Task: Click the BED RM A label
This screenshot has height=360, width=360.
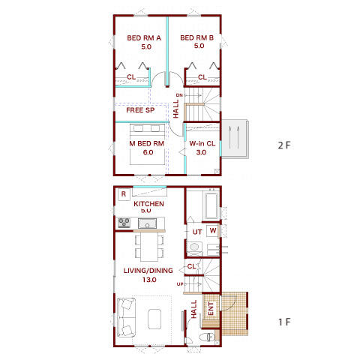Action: tap(144, 38)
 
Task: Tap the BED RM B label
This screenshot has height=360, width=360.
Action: tap(197, 37)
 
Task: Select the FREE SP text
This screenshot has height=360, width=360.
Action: tap(140, 110)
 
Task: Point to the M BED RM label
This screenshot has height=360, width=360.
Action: tap(147, 144)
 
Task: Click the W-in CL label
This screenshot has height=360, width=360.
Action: tap(202, 144)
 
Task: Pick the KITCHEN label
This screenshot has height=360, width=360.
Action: tap(148, 204)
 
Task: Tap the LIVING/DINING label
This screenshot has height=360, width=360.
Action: tap(148, 271)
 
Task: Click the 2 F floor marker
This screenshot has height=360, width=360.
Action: tap(284, 145)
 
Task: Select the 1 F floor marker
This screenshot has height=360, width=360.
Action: tap(284, 322)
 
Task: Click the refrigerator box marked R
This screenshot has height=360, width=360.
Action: tap(124, 194)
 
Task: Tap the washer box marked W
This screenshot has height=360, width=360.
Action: tap(213, 230)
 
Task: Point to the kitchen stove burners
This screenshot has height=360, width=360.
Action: tap(124, 223)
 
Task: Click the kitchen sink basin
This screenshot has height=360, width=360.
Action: tap(147, 223)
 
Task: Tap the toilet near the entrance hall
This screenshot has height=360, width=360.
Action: tap(207, 337)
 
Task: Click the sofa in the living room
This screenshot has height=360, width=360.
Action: tap(127, 317)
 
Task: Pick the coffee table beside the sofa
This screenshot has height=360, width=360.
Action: tap(154, 317)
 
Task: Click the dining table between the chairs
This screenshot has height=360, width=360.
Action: tap(149, 247)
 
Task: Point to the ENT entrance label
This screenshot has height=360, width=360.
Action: tap(211, 308)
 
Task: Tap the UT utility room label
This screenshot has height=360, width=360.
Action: tap(197, 232)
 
